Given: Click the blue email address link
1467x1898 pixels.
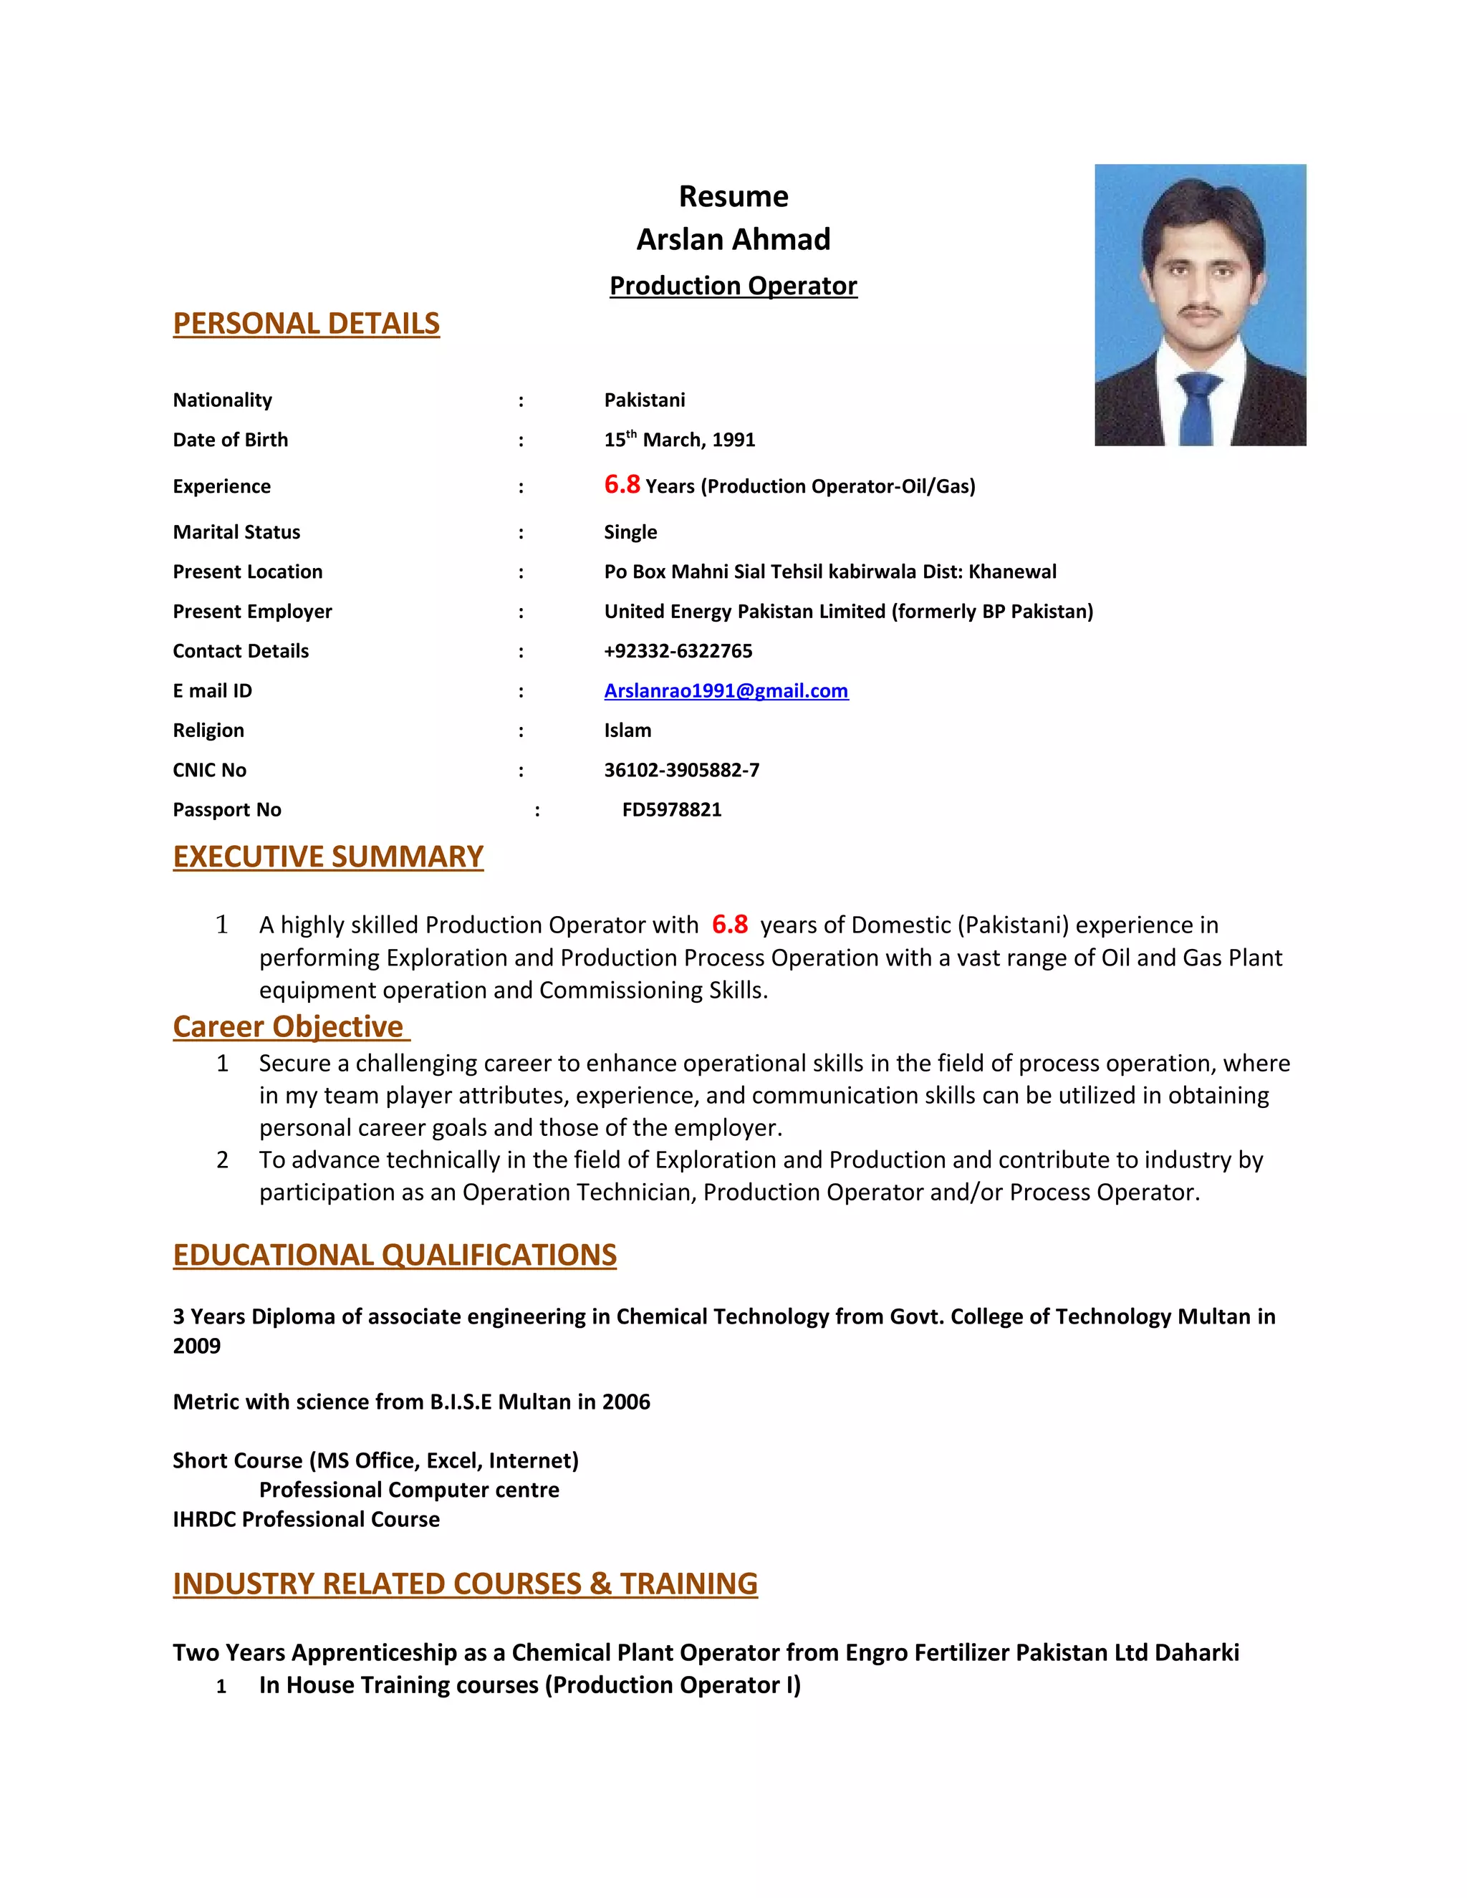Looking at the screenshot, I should [726, 691].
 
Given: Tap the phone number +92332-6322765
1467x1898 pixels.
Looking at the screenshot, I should [678, 651].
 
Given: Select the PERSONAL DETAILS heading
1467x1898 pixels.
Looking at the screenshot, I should [306, 323].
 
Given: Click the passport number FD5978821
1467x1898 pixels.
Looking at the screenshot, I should [672, 810].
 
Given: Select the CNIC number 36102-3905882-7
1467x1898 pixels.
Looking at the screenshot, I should [681, 770].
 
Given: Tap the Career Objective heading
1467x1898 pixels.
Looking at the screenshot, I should [289, 1026].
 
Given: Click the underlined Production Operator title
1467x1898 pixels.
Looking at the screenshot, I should [733, 286].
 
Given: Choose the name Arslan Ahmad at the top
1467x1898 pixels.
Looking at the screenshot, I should [733, 239].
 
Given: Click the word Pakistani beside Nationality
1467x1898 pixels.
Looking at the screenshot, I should [644, 400].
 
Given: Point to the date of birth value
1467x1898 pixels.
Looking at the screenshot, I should [679, 440].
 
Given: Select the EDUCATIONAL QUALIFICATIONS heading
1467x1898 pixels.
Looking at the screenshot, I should [395, 1255].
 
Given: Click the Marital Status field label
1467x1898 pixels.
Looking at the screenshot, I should [236, 532].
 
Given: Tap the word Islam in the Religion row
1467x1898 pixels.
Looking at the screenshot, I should [627, 730].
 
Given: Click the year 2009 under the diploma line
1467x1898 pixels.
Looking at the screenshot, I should [196, 1347].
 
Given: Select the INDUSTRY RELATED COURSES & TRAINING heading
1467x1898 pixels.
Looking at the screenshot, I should [465, 1584].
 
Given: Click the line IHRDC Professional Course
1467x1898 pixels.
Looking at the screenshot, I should [306, 1519].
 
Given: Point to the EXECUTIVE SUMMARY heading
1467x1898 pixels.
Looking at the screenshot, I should [327, 857].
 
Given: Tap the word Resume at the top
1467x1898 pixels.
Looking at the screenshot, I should [733, 196].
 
